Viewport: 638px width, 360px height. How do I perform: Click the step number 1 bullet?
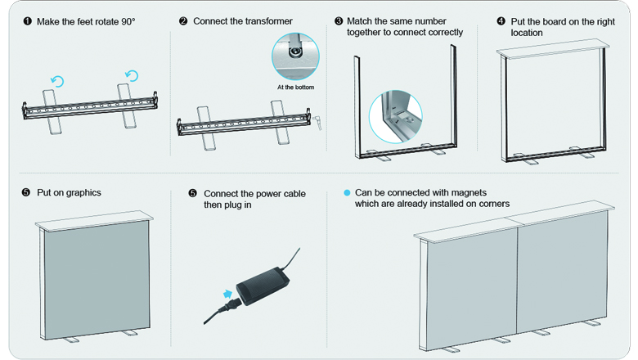pyautogui.click(x=26, y=20)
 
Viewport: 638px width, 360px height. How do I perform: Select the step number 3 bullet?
pyautogui.click(x=339, y=20)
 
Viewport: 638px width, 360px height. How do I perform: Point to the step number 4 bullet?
pyautogui.click(x=501, y=20)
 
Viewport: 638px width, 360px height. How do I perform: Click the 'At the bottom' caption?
pyautogui.click(x=295, y=87)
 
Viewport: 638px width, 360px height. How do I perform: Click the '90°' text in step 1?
pyautogui.click(x=126, y=20)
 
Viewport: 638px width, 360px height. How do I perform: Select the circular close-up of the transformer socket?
pyautogui.click(x=295, y=55)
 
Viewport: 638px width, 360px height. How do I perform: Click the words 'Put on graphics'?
pyautogui.click(x=69, y=193)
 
